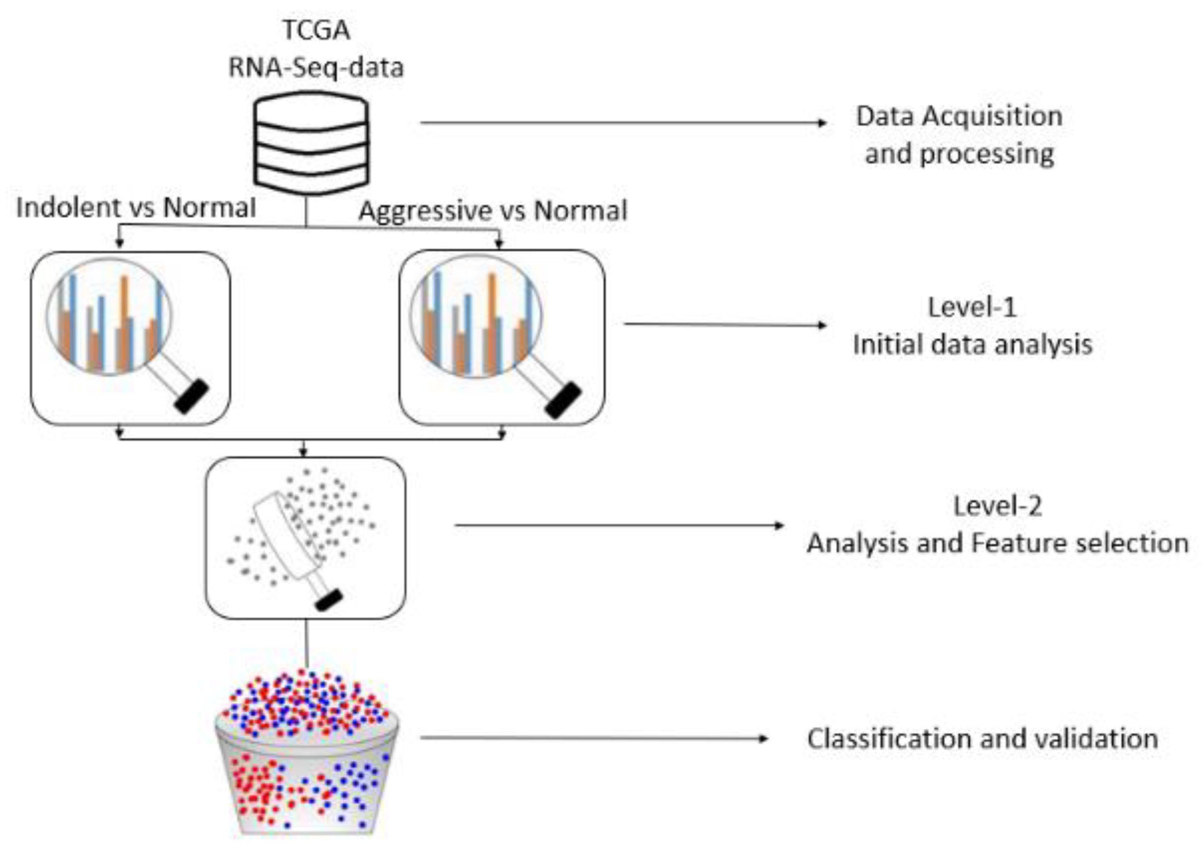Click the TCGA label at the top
(x=316, y=30)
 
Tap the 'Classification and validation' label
(x=982, y=738)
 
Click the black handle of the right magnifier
(x=563, y=400)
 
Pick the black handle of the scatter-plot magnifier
(x=329, y=600)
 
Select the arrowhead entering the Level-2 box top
(x=303, y=452)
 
